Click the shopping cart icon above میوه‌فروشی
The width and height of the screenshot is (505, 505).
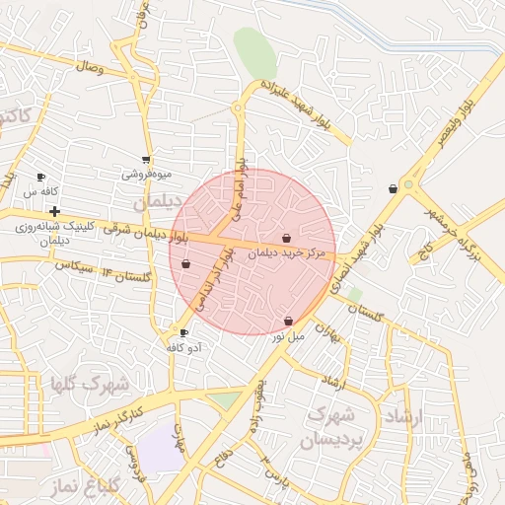(146, 159)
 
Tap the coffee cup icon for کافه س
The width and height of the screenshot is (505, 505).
(40, 177)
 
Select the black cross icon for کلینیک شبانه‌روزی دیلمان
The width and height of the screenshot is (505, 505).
(54, 211)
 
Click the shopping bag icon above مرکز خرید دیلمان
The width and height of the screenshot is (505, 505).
(286, 238)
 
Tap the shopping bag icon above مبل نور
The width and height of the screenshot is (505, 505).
(288, 321)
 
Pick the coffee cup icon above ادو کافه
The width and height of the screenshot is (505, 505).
(183, 332)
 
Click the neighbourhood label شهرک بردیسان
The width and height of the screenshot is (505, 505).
(335, 425)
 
